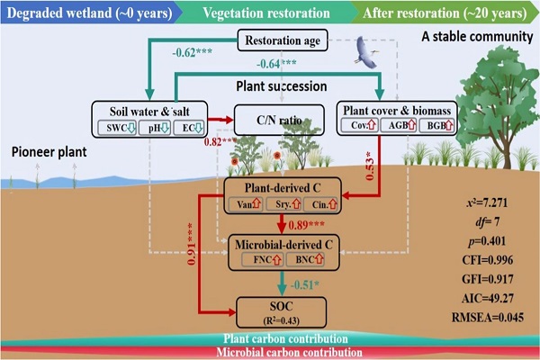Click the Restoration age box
[287, 40]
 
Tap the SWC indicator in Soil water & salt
[118, 126]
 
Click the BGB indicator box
[437, 127]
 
